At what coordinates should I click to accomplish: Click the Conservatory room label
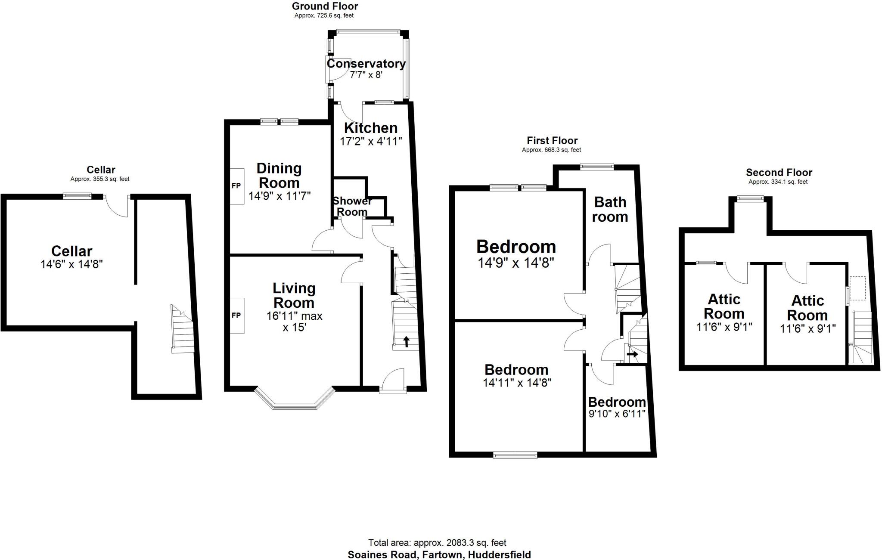(366, 64)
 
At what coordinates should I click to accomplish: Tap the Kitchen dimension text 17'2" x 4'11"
(371, 141)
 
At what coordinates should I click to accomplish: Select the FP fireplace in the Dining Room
(236, 186)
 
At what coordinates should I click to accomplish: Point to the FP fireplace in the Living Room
(236, 316)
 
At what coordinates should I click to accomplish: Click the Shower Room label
(352, 207)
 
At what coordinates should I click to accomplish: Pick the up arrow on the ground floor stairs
(406, 341)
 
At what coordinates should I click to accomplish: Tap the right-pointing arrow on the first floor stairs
(633, 354)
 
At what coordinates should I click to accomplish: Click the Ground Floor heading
(325, 6)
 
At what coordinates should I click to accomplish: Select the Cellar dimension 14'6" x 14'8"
(71, 264)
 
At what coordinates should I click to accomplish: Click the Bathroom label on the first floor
(610, 209)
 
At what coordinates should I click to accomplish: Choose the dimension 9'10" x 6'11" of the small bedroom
(617, 414)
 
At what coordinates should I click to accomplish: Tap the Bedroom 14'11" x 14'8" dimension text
(517, 383)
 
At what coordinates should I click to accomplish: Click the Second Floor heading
(779, 173)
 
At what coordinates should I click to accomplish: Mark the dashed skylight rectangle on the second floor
(857, 288)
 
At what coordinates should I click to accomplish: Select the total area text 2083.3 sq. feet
(437, 543)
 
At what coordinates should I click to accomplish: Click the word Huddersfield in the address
(500, 555)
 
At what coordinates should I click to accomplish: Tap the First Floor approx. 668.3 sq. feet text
(551, 150)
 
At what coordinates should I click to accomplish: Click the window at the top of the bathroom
(596, 167)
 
